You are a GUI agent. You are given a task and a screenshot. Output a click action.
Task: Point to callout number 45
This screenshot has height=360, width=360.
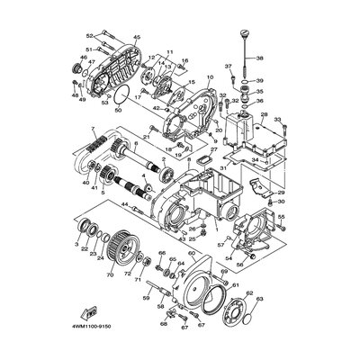(138, 37)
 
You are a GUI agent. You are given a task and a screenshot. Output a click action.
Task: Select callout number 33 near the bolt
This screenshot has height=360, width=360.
(278, 118)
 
